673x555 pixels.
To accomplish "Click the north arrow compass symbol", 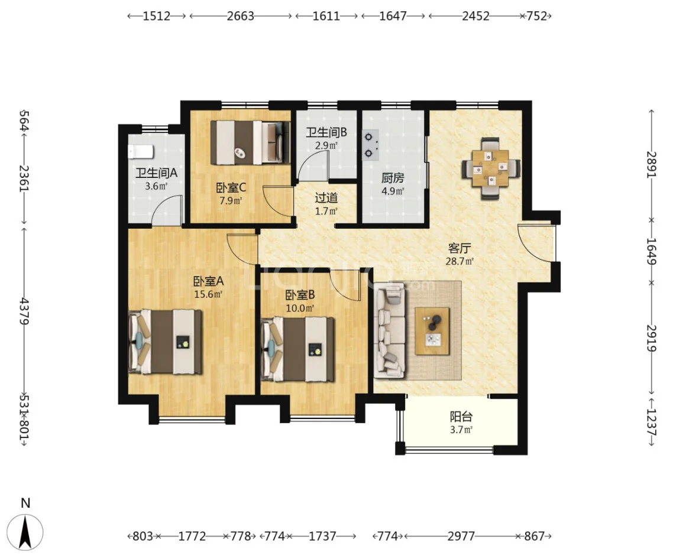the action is (x=26, y=531).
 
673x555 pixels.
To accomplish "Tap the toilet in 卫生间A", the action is (x=140, y=151).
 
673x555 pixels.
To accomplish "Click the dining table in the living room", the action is (x=491, y=168).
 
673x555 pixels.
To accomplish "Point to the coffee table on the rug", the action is (x=432, y=330).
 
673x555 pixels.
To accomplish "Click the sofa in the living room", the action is (x=390, y=330).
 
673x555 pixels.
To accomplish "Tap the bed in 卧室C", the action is (x=250, y=142).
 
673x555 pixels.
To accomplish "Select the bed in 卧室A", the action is (x=165, y=342).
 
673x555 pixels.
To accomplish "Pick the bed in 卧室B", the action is (x=297, y=349).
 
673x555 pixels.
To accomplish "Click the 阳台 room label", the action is (x=461, y=416).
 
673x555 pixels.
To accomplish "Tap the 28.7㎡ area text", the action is (x=460, y=261).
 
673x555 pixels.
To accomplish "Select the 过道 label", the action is (x=326, y=198).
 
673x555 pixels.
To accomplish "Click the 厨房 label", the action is (x=393, y=177).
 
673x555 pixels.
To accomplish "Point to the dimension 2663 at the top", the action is (x=240, y=17).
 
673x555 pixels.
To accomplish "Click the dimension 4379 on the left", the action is (x=25, y=311).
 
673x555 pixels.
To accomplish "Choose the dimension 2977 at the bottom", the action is (x=461, y=536).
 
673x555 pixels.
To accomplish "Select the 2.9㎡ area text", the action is (x=326, y=145).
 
